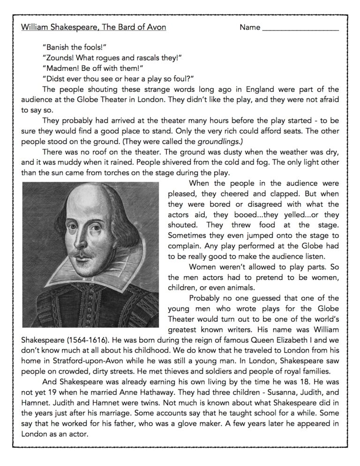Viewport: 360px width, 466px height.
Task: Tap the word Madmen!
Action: (x=59, y=68)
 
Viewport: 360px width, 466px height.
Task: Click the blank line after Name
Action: (x=300, y=28)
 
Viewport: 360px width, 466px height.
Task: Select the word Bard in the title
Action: (x=127, y=28)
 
